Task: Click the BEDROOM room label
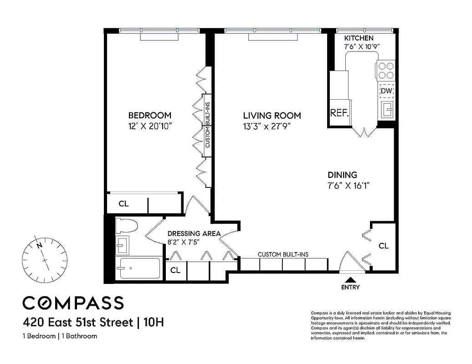tap(149, 115)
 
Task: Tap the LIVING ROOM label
tap(272, 116)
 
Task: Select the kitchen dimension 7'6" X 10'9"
tap(362, 46)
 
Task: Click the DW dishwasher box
tap(386, 91)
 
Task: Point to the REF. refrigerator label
tap(339, 113)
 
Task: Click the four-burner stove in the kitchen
tap(386, 71)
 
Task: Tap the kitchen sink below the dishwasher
tap(386, 109)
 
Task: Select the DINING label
tap(342, 175)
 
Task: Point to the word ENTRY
tap(350, 287)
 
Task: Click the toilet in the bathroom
tap(127, 226)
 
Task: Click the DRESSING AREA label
tap(194, 233)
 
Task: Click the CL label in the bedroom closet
tap(123, 204)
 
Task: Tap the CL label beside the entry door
tap(384, 246)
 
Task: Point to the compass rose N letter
tap(40, 245)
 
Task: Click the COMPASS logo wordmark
tap(73, 303)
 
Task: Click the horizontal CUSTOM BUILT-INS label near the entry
tap(283, 254)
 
